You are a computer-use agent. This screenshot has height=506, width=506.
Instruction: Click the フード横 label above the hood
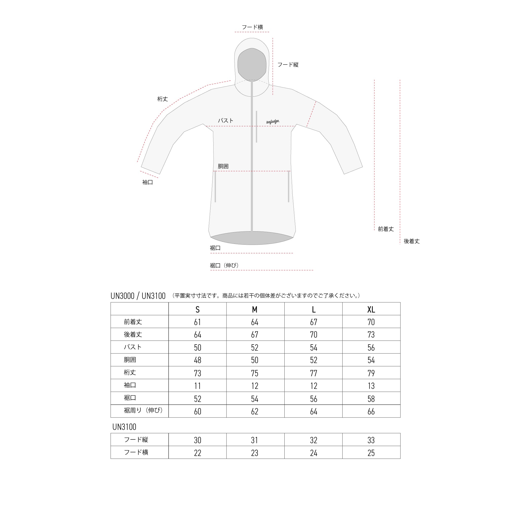click(252, 27)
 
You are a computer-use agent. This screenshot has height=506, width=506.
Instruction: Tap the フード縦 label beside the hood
click(288, 65)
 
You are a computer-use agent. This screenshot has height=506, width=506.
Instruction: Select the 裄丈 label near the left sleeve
click(162, 99)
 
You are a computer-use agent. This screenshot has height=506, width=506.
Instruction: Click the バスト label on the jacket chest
click(225, 120)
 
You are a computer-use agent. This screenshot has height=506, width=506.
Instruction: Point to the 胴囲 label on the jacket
click(223, 166)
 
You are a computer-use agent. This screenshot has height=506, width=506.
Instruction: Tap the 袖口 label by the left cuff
click(147, 182)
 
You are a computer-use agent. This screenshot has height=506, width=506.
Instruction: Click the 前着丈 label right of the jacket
click(386, 229)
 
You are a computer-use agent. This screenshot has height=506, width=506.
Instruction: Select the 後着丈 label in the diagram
click(412, 241)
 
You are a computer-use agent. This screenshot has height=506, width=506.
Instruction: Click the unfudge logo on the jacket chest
click(273, 121)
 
